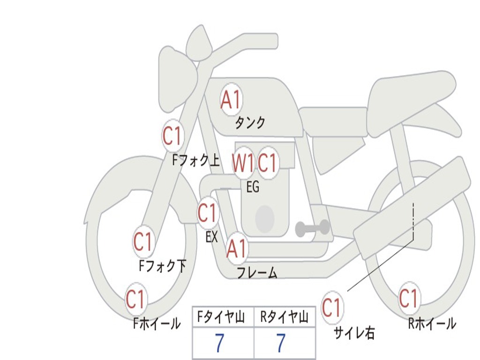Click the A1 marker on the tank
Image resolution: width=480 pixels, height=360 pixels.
point(231,99)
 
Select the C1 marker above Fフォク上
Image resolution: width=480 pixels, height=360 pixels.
point(172,136)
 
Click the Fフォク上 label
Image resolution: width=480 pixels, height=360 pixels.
point(196,160)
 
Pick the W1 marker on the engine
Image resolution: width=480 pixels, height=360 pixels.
point(243,163)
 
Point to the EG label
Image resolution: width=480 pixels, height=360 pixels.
point(253,187)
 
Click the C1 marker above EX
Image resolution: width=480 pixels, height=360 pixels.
point(208,213)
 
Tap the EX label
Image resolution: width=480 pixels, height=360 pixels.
point(211,237)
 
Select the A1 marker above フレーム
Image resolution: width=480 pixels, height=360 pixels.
point(236,248)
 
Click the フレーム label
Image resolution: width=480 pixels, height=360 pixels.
point(257,273)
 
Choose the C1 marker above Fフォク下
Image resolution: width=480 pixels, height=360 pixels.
point(143,241)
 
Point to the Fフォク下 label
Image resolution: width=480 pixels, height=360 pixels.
point(163,266)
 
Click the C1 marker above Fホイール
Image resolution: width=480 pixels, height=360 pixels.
point(135,299)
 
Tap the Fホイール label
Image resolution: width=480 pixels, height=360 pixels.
point(157,323)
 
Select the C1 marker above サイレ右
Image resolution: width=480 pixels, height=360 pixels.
point(332,307)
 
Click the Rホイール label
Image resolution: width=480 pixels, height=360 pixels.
point(432,323)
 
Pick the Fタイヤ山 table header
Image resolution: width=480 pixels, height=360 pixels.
point(221,317)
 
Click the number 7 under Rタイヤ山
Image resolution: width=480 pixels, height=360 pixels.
point(281,343)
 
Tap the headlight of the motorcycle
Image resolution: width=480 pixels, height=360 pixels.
point(178,80)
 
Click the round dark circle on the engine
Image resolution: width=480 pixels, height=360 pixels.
point(265,219)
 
